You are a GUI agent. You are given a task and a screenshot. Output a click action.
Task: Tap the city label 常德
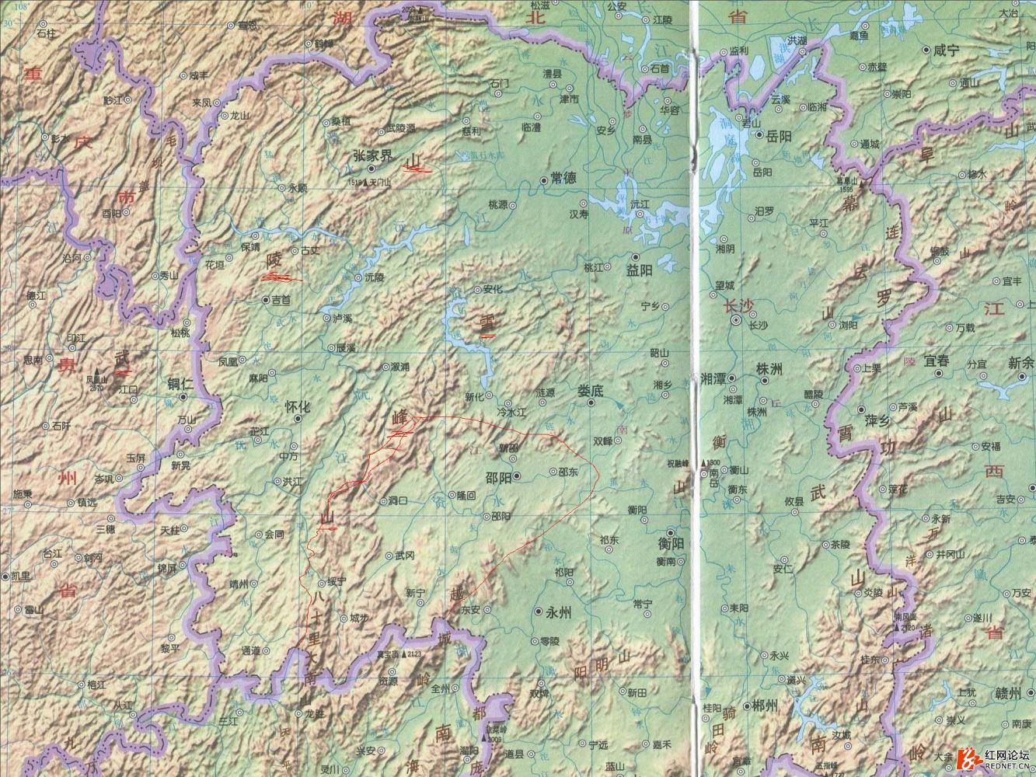point(563,178)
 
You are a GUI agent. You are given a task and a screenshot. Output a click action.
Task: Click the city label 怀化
point(298,406)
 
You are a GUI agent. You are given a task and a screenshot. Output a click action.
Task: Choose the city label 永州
point(560,612)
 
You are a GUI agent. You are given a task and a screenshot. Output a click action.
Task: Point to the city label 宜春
point(937,361)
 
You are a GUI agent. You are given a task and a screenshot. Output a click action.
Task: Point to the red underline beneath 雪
point(487,336)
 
